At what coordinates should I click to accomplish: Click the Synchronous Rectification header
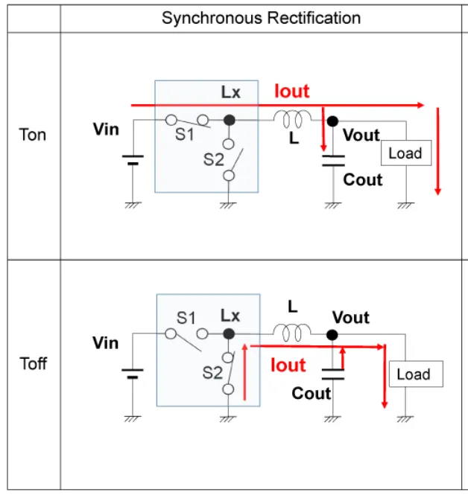click(x=261, y=18)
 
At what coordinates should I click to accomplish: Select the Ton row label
click(x=33, y=135)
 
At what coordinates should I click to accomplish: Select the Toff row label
click(x=33, y=364)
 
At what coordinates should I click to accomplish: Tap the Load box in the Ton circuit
click(x=405, y=153)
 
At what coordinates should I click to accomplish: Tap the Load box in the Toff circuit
click(x=414, y=374)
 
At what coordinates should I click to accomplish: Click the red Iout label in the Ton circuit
click(x=292, y=92)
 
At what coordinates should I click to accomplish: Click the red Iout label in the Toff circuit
click(x=288, y=365)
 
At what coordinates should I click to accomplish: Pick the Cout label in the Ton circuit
click(x=363, y=180)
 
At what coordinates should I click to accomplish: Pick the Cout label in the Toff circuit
click(x=311, y=394)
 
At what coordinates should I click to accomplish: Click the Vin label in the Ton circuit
click(x=106, y=130)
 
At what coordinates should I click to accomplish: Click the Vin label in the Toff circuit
click(x=106, y=343)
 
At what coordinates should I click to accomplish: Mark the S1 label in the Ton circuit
click(x=184, y=134)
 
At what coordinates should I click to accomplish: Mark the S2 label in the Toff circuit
click(x=212, y=371)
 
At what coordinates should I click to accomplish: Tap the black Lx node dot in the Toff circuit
click(x=230, y=335)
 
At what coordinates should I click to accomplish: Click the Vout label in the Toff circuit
click(x=351, y=318)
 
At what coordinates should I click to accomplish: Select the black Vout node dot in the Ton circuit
click(x=332, y=120)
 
